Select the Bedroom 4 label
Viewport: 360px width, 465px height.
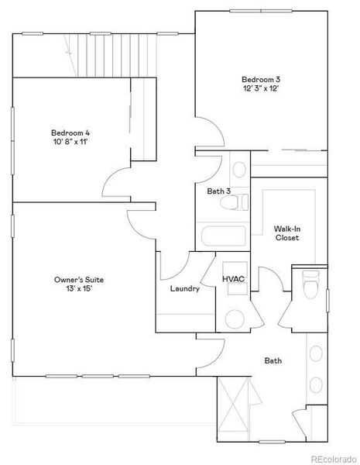pos(70,131)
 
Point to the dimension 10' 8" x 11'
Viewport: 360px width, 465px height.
pos(70,141)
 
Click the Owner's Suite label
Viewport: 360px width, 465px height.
pos(79,279)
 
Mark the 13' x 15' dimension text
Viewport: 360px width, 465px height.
pos(79,289)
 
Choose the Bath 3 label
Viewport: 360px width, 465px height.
pos(218,191)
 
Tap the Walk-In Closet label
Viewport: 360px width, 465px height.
pos(286,233)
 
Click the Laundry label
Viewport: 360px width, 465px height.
pos(185,289)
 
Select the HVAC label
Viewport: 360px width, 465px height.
pos(233,278)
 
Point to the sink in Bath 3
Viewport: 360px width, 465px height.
pos(239,167)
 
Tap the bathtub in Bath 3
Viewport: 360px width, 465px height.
pos(222,236)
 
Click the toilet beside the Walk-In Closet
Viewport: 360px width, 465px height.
pos(310,287)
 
